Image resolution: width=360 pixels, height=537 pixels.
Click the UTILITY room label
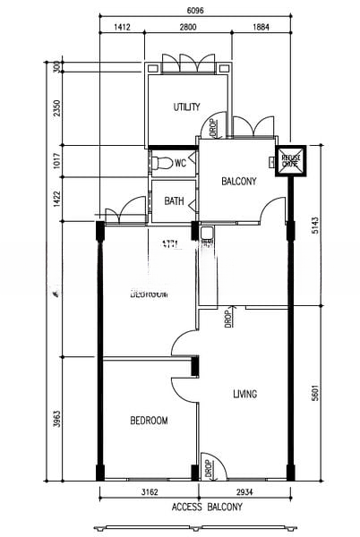click(186, 107)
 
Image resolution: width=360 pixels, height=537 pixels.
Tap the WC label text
click(180, 163)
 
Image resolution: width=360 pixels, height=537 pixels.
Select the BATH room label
click(174, 201)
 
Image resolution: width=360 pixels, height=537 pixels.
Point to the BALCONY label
click(239, 182)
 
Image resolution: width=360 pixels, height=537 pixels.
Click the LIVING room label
click(245, 394)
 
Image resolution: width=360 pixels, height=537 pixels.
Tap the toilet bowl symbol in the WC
click(162, 163)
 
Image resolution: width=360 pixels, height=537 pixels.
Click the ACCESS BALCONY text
click(206, 507)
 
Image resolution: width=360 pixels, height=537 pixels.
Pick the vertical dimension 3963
click(57, 419)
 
